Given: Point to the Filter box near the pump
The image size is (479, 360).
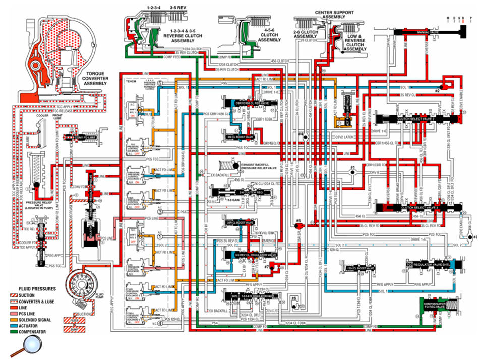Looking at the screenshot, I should (71, 319).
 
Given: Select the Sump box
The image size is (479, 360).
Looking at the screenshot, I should (71, 329).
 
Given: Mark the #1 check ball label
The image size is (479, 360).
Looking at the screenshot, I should (353, 167).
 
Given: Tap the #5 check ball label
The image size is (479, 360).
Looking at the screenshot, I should (298, 221).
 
